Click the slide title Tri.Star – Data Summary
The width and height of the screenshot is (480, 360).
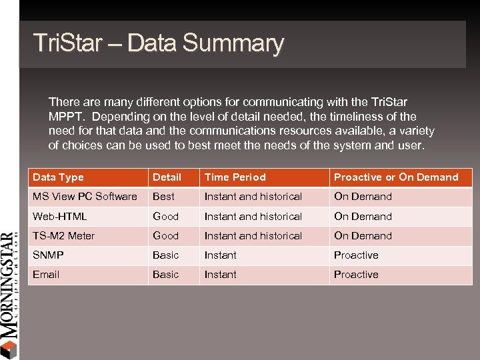tap(159, 43)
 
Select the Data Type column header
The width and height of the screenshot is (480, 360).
tap(58, 177)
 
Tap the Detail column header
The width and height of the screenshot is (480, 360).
tap(167, 177)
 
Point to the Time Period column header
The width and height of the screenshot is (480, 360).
tap(235, 177)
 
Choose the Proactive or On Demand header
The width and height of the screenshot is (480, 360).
tap(396, 177)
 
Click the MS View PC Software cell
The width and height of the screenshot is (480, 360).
tap(85, 197)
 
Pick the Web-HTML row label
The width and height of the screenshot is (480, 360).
tap(59, 217)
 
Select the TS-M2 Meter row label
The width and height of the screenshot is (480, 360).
tap(63, 236)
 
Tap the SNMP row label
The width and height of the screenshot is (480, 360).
tap(47, 255)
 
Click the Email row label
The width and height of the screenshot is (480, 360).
tap(46, 275)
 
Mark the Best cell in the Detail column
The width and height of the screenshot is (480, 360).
tap(163, 197)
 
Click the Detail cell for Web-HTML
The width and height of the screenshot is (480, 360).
tap(165, 217)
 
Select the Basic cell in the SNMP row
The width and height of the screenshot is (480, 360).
tap(165, 255)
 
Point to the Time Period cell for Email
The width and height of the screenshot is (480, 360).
tap(220, 275)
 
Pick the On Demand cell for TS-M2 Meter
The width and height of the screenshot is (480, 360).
tap(363, 236)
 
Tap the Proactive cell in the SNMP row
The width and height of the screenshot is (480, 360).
tap(356, 255)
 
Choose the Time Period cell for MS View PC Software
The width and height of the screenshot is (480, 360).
tap(253, 197)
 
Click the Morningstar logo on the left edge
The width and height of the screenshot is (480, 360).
tap(9, 293)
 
